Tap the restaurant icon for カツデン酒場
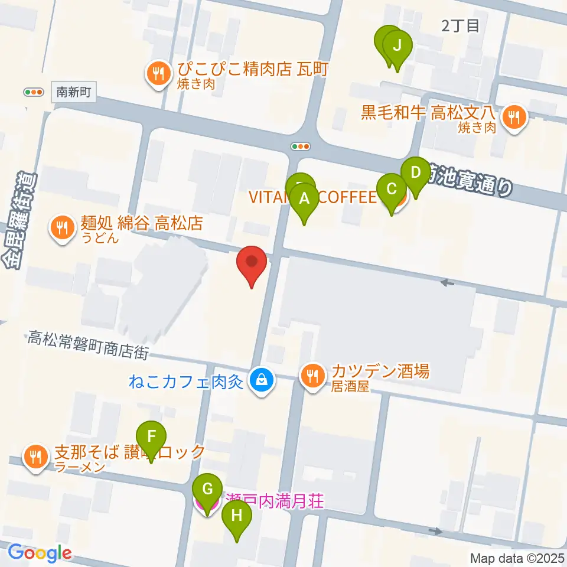click(312, 374)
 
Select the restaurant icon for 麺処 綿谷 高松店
click(61, 226)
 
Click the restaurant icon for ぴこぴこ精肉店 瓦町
click(158, 73)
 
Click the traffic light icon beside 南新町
click(34, 92)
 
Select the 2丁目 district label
click(461, 25)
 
